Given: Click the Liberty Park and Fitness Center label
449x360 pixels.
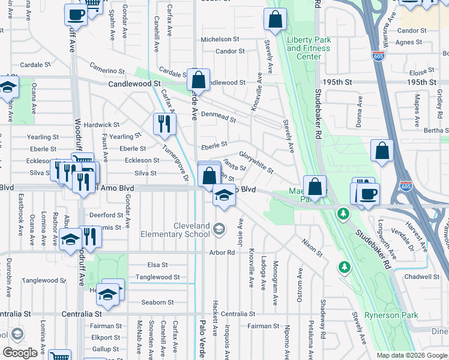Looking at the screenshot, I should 309,48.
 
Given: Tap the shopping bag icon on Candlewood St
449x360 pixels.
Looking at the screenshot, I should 198,79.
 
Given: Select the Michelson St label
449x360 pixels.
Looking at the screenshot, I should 220,39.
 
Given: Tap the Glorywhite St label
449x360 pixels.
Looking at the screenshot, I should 256,162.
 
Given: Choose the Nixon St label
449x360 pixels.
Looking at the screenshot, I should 312,247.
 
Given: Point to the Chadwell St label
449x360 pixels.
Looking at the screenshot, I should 421,277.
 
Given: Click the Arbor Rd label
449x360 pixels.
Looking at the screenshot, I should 221,253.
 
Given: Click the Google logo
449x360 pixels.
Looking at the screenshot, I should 20,353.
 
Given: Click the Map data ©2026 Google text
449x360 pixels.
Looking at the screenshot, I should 411,355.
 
